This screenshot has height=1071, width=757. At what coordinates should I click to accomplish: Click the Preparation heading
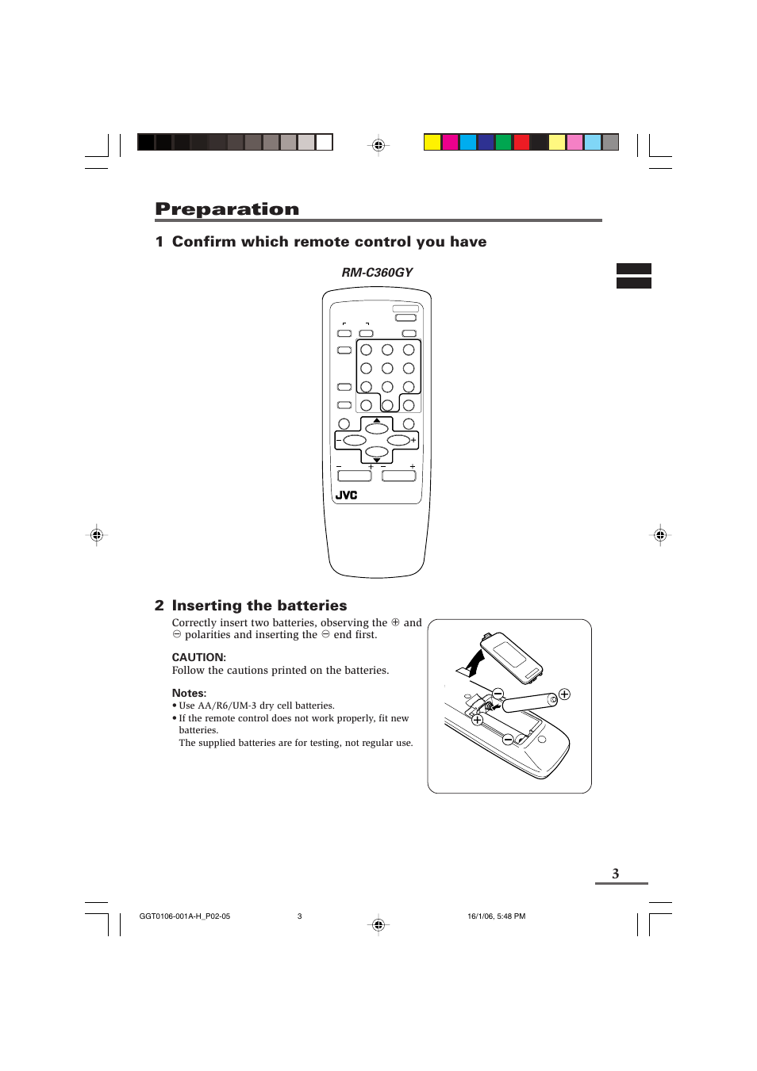(x=227, y=209)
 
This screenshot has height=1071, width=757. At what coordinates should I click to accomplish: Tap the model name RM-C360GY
(x=377, y=273)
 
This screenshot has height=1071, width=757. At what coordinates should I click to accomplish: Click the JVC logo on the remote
(x=346, y=495)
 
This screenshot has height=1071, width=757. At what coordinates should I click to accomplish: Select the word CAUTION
(x=198, y=657)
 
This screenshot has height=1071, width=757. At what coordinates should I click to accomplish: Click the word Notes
(x=189, y=693)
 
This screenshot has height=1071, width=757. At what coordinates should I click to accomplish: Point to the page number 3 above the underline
(x=615, y=874)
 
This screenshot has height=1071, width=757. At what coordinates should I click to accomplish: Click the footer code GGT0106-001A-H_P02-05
(x=184, y=916)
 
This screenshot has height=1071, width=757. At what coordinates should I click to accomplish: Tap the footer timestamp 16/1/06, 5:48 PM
(x=496, y=916)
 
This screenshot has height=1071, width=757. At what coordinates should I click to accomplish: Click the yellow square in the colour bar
(x=432, y=142)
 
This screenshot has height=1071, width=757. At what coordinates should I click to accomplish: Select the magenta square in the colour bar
(x=450, y=142)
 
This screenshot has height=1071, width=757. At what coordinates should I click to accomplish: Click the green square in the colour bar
(x=503, y=142)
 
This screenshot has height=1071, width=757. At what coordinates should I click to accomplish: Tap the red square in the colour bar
(x=521, y=142)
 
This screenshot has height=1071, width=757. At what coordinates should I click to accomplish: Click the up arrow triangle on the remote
(x=377, y=420)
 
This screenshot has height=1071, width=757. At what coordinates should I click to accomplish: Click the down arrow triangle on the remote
(x=377, y=460)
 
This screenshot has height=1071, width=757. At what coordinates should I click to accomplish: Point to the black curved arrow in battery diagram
(x=475, y=663)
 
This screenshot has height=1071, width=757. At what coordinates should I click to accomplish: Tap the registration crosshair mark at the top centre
(x=378, y=145)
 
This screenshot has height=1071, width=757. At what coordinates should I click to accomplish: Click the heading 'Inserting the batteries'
(x=259, y=606)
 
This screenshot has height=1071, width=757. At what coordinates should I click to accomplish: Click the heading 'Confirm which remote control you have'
(x=329, y=242)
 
